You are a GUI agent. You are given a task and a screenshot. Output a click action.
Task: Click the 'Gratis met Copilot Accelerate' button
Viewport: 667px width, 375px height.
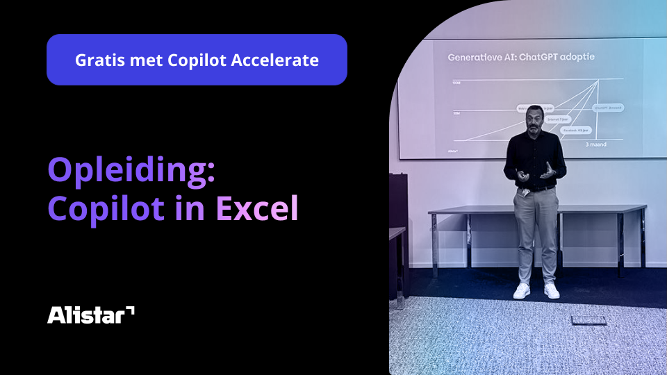click(x=197, y=60)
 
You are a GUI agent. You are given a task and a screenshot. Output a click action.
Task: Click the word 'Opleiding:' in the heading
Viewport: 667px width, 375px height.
click(x=131, y=169)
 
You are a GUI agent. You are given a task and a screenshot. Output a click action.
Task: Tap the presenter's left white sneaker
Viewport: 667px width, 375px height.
click(x=521, y=291)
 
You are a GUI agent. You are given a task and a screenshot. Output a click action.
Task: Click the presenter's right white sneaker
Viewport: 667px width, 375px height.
click(x=552, y=290)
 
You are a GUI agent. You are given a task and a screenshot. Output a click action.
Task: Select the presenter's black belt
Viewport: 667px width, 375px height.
click(x=535, y=187)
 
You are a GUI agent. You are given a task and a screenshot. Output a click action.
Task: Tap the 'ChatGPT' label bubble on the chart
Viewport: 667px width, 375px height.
click(x=608, y=108)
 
